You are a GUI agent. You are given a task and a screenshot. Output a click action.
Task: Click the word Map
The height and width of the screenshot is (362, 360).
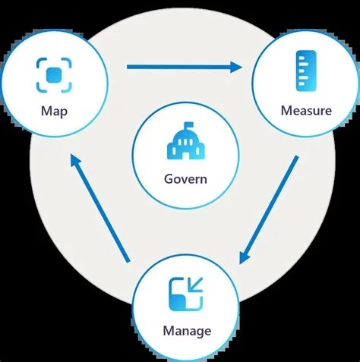tap(54, 112)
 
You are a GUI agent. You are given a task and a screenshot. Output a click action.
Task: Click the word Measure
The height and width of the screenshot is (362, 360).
tap(306, 111)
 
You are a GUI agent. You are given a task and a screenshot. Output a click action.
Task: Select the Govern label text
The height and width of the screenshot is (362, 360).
tap(185, 179)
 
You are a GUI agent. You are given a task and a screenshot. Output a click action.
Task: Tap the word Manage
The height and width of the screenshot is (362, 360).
tap(187, 332)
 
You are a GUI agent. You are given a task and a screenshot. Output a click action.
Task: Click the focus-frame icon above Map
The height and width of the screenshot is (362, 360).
tap(54, 75)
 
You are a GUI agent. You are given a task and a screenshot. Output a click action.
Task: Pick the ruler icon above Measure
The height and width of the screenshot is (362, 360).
tap(306, 71)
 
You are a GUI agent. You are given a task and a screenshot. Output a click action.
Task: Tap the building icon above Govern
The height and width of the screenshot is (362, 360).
tap(186, 141)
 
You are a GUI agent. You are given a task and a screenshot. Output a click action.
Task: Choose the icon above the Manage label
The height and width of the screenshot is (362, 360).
tap(186, 294)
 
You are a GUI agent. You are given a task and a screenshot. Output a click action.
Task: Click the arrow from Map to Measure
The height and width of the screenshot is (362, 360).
tap(185, 67)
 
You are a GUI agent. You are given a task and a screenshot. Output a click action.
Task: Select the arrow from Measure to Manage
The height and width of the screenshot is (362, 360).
tap(269, 209)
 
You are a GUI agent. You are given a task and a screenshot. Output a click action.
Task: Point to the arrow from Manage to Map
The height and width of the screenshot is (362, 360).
tap(100, 209)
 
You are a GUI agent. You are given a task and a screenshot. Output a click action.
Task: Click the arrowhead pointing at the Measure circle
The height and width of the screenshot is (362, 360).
tap(236, 67)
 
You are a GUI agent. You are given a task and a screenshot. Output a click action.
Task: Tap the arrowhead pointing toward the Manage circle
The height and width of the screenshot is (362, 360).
tap(244, 257)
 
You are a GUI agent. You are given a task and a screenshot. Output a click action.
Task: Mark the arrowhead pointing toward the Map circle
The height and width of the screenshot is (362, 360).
tap(75, 161)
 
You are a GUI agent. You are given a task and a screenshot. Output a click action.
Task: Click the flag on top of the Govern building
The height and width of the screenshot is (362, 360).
tap(189, 125)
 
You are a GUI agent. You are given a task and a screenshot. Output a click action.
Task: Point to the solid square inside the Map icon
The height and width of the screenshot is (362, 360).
tap(54, 75)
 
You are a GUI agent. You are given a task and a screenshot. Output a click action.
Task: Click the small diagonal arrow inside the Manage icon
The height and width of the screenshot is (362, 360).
tap(196, 285)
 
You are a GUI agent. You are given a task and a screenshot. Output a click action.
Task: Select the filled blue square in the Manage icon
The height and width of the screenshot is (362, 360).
tap(177, 303)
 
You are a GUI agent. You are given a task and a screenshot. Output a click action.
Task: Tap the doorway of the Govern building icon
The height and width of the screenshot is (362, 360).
tap(186, 155)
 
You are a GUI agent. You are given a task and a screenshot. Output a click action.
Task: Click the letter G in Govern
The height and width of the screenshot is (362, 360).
tap(169, 179)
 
